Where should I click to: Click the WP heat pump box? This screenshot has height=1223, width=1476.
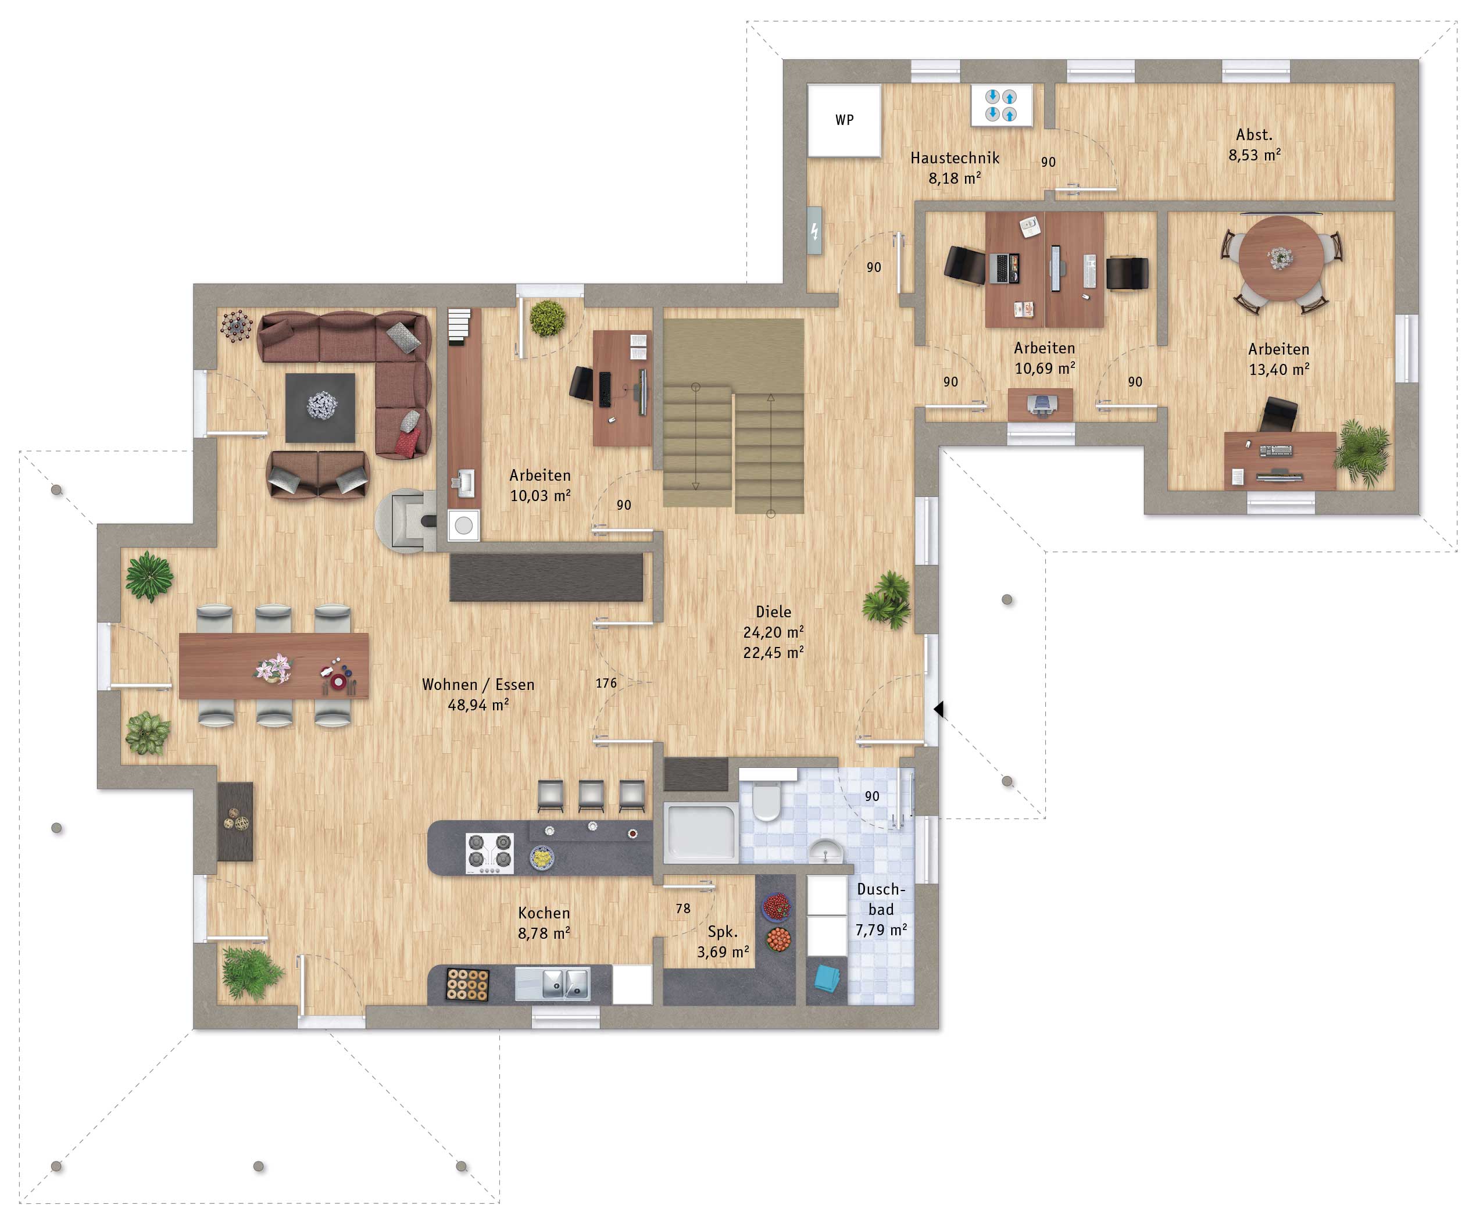tap(844, 120)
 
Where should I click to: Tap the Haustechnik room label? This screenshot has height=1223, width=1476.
tap(955, 158)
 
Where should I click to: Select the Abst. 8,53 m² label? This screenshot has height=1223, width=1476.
tap(1255, 144)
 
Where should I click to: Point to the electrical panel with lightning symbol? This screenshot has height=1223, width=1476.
tap(814, 231)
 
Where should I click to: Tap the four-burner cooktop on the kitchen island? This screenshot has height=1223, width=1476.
tap(489, 853)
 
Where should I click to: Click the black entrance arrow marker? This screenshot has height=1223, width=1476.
tap(938, 709)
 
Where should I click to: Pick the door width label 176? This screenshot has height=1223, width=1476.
tap(606, 683)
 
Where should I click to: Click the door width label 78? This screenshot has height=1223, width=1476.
tap(682, 909)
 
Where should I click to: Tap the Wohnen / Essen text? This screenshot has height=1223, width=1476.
tap(478, 685)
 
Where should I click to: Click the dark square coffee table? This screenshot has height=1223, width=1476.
tap(320, 407)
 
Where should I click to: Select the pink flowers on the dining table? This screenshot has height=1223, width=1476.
tap(273, 668)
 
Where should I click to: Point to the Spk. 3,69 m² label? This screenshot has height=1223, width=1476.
tap(723, 942)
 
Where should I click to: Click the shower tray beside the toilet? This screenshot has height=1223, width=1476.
tap(700, 834)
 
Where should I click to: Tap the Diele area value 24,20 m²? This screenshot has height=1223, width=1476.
tap(773, 632)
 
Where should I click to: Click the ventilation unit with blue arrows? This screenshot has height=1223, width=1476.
tap(1002, 105)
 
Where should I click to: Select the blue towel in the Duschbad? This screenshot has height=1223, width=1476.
tap(828, 978)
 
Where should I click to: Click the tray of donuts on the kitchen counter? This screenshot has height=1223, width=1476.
tap(467, 984)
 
